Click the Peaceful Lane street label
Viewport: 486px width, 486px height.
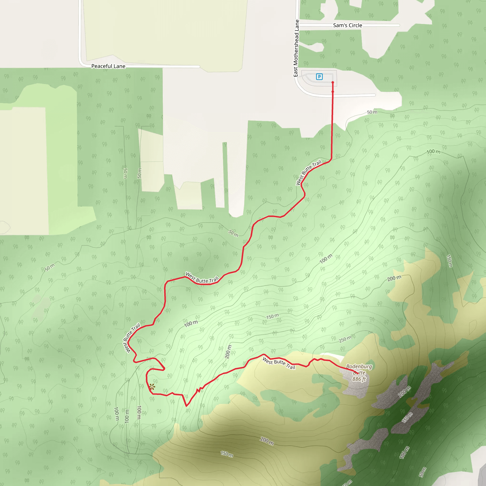click(108, 66)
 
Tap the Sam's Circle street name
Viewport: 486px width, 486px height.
click(347, 25)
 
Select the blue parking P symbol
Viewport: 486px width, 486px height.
click(319, 77)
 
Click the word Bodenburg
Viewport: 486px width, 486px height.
click(359, 366)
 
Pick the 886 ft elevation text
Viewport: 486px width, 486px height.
click(359, 379)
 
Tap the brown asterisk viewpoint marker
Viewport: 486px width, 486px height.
click(152, 387)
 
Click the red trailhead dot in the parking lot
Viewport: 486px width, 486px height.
click(332, 83)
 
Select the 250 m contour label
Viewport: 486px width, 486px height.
click(345, 339)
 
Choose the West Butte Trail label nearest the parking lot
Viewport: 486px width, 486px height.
click(309, 172)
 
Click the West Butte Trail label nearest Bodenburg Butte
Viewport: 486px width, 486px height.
click(279, 363)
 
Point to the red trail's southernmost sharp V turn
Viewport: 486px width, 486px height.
click(186, 406)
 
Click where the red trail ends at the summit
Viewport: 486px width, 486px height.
click(357, 374)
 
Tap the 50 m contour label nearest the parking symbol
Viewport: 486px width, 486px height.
click(372, 112)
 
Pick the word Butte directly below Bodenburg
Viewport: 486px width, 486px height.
click(359, 373)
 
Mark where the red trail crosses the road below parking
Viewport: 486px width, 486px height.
click(332, 96)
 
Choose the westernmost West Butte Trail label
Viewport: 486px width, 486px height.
click(131, 338)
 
